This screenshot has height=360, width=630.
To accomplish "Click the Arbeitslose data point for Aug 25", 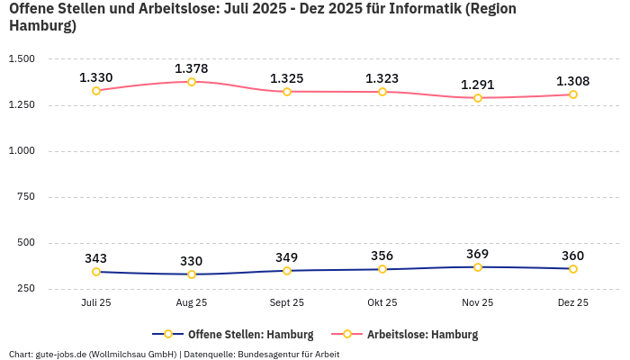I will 192,82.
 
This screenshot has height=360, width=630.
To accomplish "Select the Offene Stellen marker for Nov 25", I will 478,267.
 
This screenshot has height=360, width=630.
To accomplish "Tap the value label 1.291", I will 478,85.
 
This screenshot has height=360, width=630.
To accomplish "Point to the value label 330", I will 192,261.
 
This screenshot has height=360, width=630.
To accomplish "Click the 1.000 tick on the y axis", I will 22,151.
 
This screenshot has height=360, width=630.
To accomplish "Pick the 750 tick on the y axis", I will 26,197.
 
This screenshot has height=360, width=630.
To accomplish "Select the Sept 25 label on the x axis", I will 287,303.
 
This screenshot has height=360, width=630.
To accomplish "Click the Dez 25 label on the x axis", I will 573,303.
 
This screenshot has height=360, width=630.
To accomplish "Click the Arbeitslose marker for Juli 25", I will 96,91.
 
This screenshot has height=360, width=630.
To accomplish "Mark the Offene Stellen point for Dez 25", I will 573,269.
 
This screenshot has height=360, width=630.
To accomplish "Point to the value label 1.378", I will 192,68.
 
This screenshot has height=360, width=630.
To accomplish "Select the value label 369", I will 478,254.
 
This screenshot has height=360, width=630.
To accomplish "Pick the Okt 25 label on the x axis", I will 382,303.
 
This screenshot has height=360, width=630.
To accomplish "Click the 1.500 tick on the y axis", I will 22,59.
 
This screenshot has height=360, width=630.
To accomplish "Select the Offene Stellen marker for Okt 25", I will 382,269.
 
